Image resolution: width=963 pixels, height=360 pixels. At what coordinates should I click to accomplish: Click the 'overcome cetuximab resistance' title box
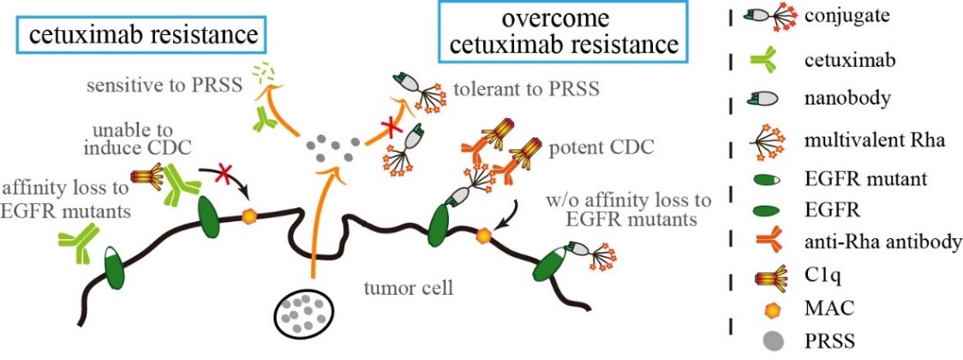562,32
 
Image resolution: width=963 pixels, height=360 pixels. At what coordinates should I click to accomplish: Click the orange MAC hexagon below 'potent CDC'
486,233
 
